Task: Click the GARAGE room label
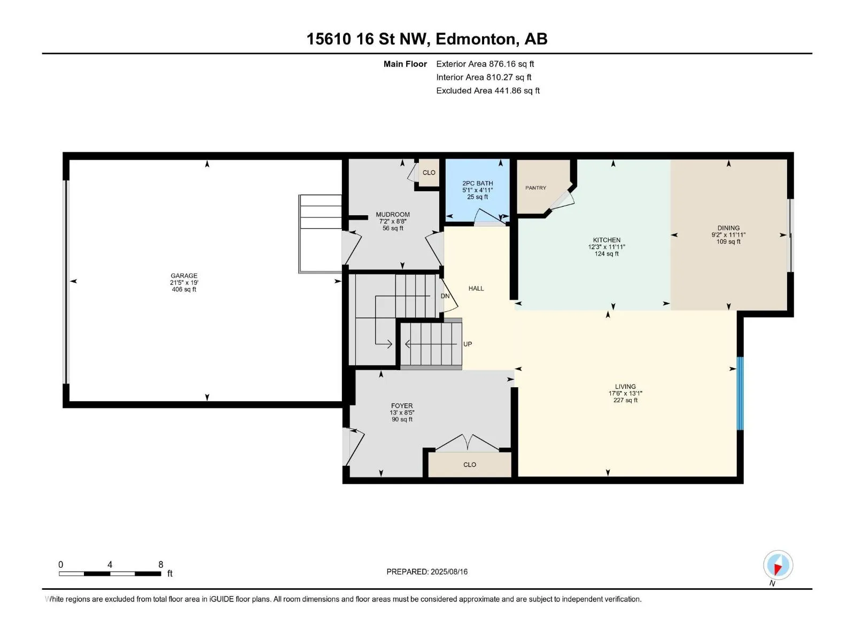pyautogui.click(x=184, y=276)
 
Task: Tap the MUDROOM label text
pyautogui.click(x=393, y=214)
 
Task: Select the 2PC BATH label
pyautogui.click(x=478, y=183)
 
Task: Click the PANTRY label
pyautogui.click(x=535, y=188)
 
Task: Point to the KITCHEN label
pyautogui.click(x=607, y=240)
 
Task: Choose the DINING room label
pyautogui.click(x=728, y=228)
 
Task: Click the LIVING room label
pyautogui.click(x=625, y=386)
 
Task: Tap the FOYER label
pyautogui.click(x=402, y=405)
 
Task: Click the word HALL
pyautogui.click(x=476, y=288)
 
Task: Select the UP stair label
pyautogui.click(x=468, y=344)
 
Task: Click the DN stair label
pyautogui.click(x=445, y=296)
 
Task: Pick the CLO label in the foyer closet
pyautogui.click(x=470, y=465)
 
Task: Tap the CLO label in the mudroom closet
pyautogui.click(x=429, y=173)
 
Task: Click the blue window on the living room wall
pyautogui.click(x=740, y=394)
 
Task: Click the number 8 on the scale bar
pyautogui.click(x=160, y=564)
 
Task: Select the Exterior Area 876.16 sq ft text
pyautogui.click(x=485, y=64)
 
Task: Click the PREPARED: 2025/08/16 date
pyautogui.click(x=427, y=572)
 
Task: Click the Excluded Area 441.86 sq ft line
pyautogui.click(x=488, y=91)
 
